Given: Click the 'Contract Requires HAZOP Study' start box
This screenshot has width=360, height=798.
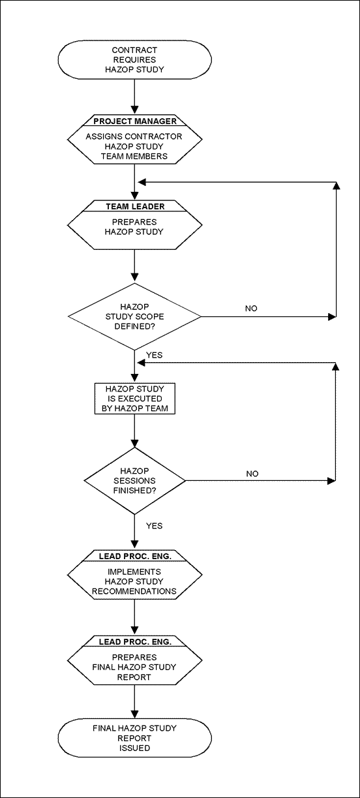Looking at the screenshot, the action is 134,59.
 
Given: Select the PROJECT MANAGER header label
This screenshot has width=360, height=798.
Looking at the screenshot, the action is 135,121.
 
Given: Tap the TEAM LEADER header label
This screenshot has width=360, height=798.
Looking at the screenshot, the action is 135,207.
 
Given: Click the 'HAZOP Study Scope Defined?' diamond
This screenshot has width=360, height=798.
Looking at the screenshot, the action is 134,316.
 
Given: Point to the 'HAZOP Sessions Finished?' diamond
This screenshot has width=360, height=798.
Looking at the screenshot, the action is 134,481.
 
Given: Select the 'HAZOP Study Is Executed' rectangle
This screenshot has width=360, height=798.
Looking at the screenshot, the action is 134,398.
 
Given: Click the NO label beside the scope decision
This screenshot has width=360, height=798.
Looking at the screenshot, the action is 251,309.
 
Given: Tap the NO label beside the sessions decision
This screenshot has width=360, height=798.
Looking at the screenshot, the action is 252,474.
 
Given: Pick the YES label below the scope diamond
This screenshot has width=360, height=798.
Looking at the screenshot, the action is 154,355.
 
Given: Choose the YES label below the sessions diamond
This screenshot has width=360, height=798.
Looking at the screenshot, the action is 154,526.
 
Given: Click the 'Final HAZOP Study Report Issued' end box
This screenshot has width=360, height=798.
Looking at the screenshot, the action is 134,738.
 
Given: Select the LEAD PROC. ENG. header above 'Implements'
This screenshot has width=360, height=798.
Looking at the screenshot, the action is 135,556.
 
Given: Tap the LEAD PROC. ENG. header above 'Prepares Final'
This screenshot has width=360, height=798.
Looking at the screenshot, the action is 135,641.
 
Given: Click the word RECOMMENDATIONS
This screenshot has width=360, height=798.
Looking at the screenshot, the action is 134,591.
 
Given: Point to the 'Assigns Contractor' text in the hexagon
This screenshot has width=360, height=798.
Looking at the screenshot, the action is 134,136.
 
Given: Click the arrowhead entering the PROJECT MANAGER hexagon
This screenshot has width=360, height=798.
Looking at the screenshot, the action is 134,109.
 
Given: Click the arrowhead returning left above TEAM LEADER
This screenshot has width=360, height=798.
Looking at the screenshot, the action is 142,183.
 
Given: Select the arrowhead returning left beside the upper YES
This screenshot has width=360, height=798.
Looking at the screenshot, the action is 142,363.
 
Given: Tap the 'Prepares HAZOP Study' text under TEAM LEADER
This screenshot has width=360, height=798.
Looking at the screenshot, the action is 134,227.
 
